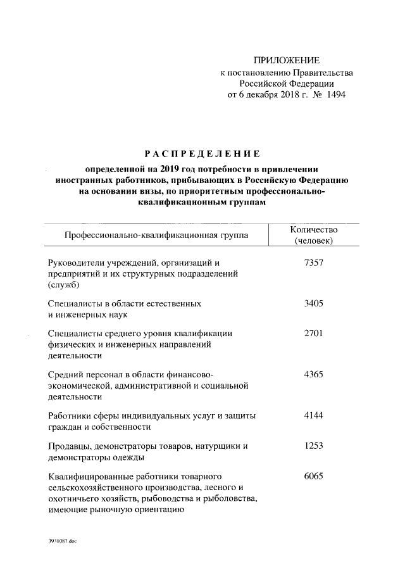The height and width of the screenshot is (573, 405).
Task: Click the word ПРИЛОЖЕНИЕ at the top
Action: point(286,61)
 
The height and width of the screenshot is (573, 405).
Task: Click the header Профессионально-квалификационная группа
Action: point(156,236)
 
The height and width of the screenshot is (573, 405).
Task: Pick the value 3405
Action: point(314,303)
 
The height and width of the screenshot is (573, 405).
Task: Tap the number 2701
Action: point(314,332)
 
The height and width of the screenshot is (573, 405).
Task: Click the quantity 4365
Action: point(314,374)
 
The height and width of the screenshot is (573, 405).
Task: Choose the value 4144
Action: point(314,415)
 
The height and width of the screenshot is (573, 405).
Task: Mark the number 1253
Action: point(314,446)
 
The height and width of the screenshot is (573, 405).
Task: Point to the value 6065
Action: point(314,476)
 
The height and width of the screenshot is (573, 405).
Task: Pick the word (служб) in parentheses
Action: point(62,284)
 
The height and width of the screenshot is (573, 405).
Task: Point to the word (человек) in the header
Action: point(314,241)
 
